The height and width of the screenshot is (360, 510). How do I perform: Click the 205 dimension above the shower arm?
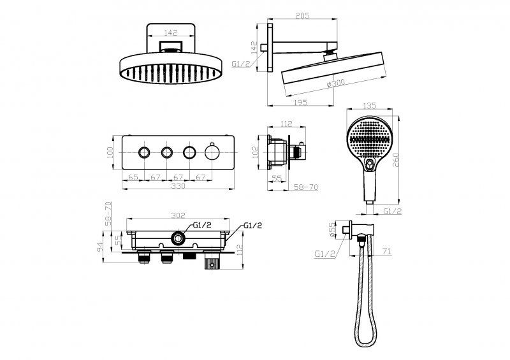302,15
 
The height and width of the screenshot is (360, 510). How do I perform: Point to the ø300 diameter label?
335,83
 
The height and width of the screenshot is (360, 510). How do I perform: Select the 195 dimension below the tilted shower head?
300,102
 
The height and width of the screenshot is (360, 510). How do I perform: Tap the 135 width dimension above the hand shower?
369,106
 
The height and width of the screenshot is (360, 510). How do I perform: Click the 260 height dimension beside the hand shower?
396,160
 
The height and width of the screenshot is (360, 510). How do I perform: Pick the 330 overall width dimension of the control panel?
178,185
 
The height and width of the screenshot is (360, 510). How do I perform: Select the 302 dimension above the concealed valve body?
178,215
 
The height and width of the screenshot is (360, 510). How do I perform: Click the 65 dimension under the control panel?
133,177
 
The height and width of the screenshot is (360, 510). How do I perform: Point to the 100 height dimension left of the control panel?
110,152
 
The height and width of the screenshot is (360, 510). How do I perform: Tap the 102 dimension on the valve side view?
256,152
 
